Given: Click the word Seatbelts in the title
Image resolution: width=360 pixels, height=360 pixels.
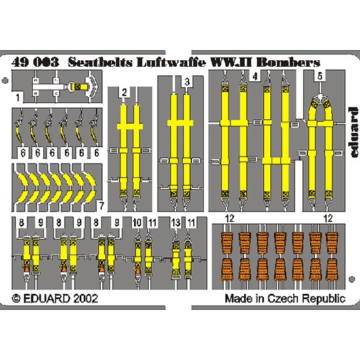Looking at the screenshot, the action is (100, 62).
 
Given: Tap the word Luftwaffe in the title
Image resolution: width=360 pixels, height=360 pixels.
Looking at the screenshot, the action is (171, 62).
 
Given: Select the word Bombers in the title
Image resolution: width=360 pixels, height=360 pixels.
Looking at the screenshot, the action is (288, 62).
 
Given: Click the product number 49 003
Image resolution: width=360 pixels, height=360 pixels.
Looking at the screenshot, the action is (35, 62).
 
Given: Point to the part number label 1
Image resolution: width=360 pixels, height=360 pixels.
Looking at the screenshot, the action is (18, 98).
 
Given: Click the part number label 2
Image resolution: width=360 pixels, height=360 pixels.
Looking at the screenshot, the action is (124, 92).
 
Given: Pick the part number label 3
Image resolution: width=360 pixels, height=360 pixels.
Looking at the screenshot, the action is (187, 82).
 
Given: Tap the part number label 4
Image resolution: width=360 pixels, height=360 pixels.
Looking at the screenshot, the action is (255, 77).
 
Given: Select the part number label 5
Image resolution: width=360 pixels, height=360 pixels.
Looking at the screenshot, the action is (320, 76).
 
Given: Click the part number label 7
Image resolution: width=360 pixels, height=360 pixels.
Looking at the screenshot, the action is (101, 206).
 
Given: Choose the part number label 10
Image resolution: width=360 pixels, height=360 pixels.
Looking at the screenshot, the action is (137, 223).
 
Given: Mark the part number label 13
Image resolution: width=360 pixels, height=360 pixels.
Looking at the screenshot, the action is (175, 223).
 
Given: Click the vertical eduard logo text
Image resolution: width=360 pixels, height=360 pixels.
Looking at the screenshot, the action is (353, 132).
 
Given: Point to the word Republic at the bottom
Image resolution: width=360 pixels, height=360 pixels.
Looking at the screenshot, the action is (324, 299).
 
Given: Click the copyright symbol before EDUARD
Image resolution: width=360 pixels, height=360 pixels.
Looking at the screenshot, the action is (16, 298).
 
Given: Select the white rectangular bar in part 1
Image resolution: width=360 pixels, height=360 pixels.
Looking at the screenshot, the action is (48, 87).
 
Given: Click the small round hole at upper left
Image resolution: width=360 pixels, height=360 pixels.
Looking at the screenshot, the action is (5, 81).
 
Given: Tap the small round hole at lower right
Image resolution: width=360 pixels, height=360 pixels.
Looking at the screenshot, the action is (351, 279).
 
